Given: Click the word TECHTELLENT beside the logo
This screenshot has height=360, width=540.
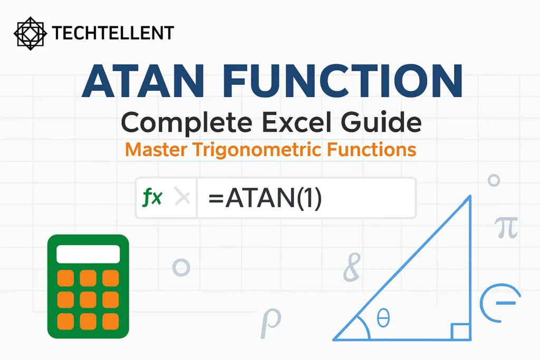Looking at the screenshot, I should pyautogui.click(x=113, y=33).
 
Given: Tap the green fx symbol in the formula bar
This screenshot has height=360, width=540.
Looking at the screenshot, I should pyautogui.click(x=153, y=198).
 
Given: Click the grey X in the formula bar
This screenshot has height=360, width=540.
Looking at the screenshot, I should pyautogui.click(x=182, y=198).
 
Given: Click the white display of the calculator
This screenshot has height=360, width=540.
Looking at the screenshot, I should pyautogui.click(x=88, y=254).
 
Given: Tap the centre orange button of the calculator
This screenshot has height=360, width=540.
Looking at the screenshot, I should pyautogui.click(x=88, y=299).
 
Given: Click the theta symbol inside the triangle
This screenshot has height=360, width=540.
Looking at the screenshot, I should pyautogui.click(x=383, y=318).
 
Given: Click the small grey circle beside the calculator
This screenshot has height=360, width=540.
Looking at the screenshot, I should pyautogui.click(x=181, y=267).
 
